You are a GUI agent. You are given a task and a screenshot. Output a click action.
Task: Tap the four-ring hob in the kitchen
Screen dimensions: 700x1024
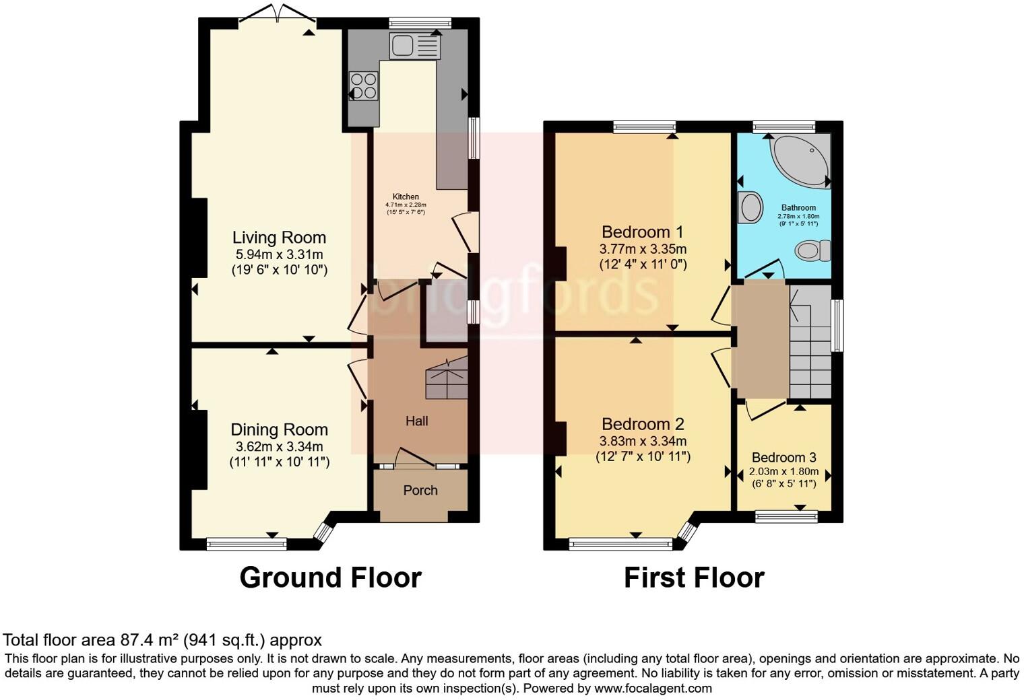coord(364,85)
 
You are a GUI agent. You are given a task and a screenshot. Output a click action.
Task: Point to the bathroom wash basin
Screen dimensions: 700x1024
coord(750,207)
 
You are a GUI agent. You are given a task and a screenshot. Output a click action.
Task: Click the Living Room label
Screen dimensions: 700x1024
coord(279,238)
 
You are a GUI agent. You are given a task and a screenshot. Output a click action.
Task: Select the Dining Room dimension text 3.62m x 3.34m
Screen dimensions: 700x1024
coord(279,446)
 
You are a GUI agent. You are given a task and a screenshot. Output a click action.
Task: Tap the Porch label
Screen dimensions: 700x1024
coord(420,490)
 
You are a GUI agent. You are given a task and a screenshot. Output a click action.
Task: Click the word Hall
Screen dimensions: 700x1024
coord(416,421)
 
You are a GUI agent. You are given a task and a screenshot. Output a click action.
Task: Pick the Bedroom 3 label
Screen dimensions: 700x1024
coord(783,458)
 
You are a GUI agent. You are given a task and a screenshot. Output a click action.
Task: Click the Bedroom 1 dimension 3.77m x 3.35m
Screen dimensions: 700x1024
coord(643,249)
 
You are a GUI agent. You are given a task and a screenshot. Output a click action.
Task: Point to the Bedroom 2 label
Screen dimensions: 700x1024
coord(643,424)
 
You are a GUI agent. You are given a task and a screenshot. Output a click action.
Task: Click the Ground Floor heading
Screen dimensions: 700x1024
coord(330,577)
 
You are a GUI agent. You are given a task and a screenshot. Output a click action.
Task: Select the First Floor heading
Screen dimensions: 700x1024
coord(694,577)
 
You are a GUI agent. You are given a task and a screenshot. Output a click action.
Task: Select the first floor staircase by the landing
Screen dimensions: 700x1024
coord(810,343)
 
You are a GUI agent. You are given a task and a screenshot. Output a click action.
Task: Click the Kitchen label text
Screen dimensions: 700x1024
coord(406,197)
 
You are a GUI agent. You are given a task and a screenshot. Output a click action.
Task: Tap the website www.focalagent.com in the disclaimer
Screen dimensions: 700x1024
coord(652,688)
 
